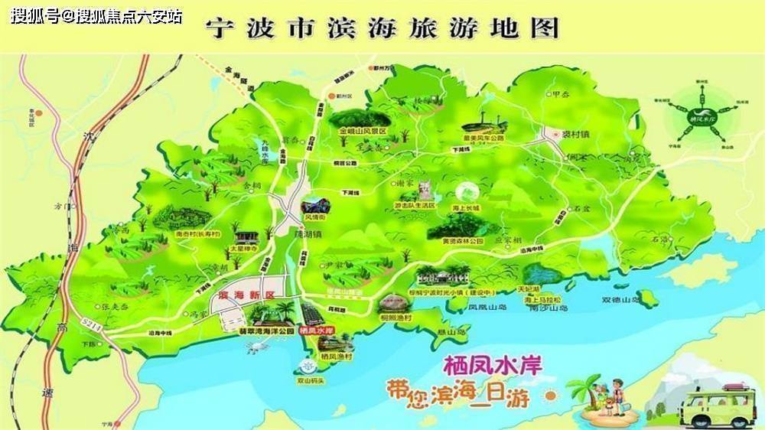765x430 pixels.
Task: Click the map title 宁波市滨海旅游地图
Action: coord(382,28)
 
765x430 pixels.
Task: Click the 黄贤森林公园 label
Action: coord(463,241)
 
